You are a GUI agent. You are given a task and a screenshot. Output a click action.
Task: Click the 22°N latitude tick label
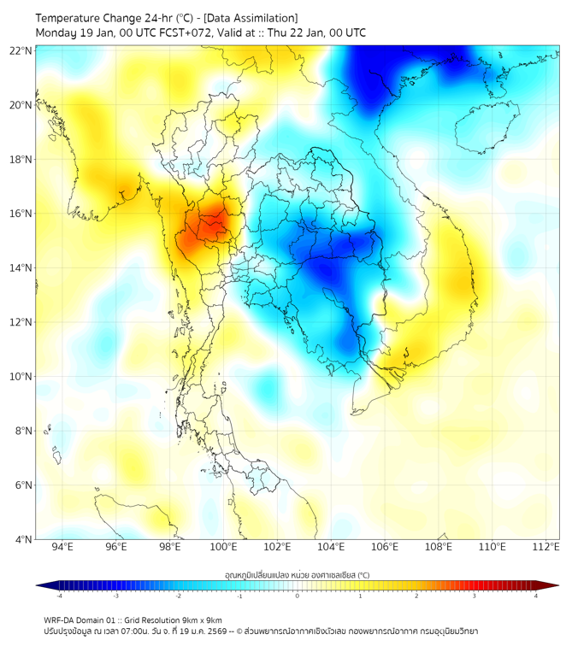point(21,50)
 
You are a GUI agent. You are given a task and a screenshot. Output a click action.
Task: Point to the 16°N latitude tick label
point(21,214)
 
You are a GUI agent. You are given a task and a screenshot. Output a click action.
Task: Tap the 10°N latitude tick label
point(21,377)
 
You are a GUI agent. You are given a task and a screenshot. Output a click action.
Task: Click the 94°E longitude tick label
point(62,548)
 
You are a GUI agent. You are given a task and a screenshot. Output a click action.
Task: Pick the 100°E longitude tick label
point(223,548)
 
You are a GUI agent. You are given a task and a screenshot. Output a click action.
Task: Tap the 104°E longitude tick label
point(331,548)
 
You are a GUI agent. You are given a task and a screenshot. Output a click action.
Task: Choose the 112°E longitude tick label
point(546,548)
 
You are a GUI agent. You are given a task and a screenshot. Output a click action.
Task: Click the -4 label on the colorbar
point(59,596)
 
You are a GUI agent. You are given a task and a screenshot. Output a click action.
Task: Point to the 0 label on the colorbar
point(298,596)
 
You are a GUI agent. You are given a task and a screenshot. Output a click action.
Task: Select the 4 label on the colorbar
point(536,596)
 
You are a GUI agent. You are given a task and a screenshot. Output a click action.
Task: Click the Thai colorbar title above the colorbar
point(297,574)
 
